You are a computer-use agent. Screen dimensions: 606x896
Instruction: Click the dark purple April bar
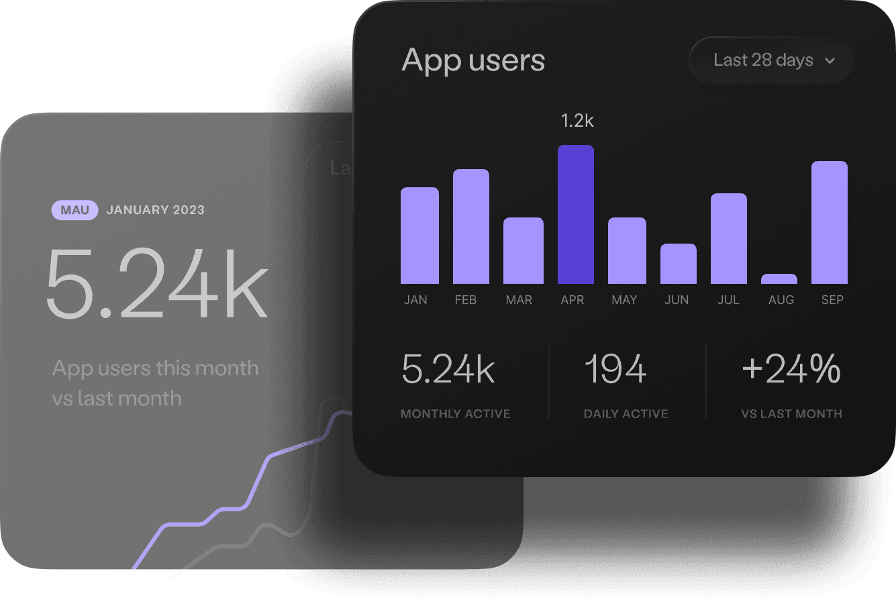pyautogui.click(x=576, y=214)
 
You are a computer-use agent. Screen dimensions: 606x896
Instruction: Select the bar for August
pyautogui.click(x=779, y=279)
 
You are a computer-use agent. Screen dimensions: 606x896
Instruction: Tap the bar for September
pyautogui.click(x=830, y=222)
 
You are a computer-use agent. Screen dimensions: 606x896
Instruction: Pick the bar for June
pyautogui.click(x=679, y=264)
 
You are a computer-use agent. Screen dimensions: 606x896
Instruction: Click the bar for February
pyautogui.click(x=471, y=226)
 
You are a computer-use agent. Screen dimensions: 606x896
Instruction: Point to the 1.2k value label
pyautogui.click(x=577, y=121)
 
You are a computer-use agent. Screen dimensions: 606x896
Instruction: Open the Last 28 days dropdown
pyautogui.click(x=771, y=60)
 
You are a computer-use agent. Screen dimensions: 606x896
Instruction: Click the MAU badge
pyautogui.click(x=75, y=210)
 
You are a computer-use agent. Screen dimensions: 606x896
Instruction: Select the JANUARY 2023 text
pyautogui.click(x=156, y=210)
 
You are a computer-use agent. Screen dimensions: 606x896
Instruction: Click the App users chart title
pyautogui.click(x=473, y=60)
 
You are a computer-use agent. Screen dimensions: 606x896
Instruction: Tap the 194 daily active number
pyautogui.click(x=615, y=369)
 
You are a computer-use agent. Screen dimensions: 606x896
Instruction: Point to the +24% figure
pyautogui.click(x=791, y=369)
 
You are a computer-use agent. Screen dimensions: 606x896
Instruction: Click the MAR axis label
pyautogui.click(x=519, y=300)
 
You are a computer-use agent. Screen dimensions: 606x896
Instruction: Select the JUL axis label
pyautogui.click(x=728, y=300)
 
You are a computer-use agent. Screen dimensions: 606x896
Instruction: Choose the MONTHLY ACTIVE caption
pyautogui.click(x=456, y=414)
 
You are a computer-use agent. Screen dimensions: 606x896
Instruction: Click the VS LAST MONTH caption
pyautogui.click(x=791, y=414)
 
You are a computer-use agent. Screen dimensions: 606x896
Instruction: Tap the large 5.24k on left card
pyautogui.click(x=157, y=284)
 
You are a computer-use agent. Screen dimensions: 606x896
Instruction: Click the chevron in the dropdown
pyautogui.click(x=830, y=60)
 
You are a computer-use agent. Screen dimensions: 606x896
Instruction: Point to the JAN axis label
pyautogui.click(x=415, y=300)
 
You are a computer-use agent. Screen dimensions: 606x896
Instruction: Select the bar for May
pyautogui.click(x=627, y=250)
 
